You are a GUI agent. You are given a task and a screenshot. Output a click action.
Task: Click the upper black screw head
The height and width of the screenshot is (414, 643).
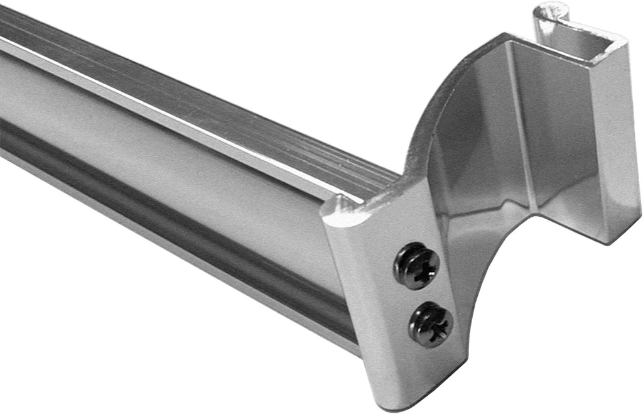pyautogui.click(x=416, y=266)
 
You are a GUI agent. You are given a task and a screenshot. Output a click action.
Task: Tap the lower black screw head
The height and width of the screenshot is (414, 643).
pyautogui.click(x=431, y=324)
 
